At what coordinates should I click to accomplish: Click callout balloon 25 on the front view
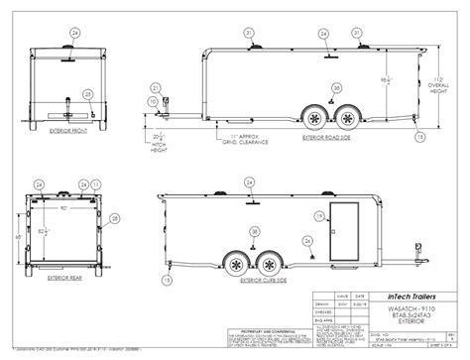[88, 94]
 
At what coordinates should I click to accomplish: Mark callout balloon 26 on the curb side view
[321, 213]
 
